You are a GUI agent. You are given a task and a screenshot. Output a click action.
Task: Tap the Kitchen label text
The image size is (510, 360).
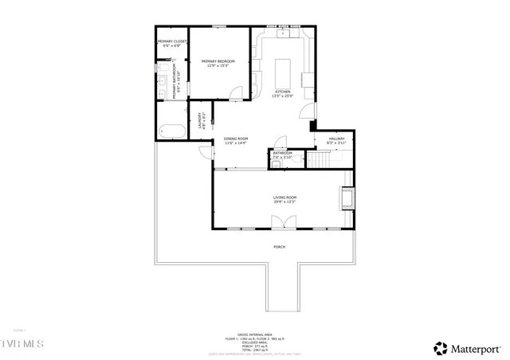click(x=284, y=93)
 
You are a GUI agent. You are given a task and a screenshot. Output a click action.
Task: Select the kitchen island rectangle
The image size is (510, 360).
click(x=284, y=72)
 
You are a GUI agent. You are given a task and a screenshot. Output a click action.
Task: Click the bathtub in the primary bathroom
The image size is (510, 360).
click(x=172, y=131)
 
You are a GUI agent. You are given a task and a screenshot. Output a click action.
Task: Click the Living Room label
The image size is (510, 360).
click(x=284, y=198)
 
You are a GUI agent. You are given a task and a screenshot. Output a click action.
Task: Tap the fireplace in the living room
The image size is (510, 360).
click(x=348, y=198)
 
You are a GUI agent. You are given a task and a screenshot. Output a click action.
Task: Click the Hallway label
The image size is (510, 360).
click(x=336, y=140)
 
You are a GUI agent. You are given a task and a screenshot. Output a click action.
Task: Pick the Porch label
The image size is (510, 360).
click(x=279, y=247)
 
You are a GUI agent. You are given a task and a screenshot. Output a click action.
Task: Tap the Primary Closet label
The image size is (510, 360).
click(x=172, y=43)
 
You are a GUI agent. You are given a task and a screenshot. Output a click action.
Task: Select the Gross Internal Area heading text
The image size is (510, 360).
click(x=254, y=335)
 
